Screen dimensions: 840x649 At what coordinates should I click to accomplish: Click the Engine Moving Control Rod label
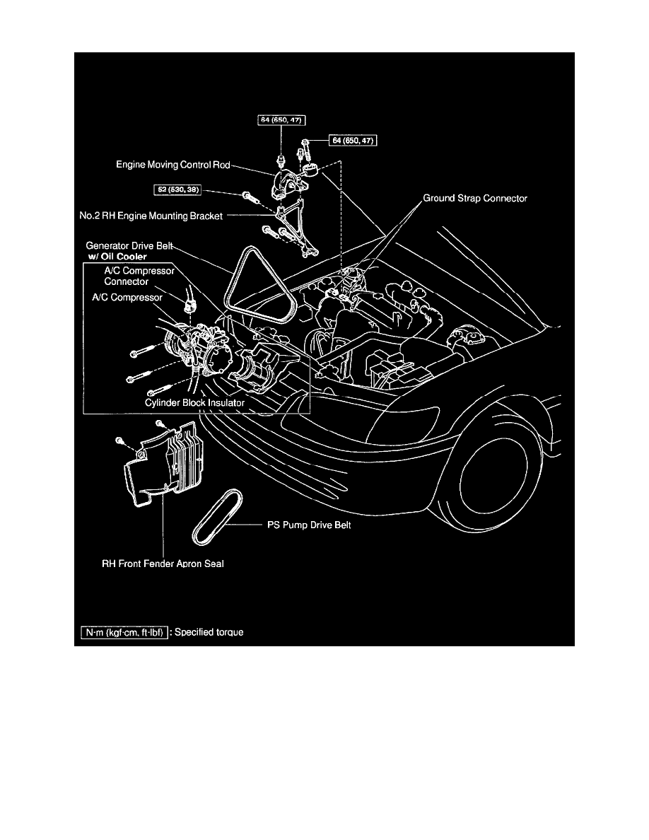(173, 165)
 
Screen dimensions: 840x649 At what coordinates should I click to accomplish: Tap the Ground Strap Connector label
(475, 199)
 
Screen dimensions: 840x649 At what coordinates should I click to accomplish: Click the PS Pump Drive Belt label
(313, 525)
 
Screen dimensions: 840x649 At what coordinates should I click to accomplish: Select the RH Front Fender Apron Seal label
(163, 565)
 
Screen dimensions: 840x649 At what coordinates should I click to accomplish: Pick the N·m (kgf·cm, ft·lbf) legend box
(124, 632)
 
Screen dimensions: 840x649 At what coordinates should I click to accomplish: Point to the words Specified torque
(209, 632)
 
